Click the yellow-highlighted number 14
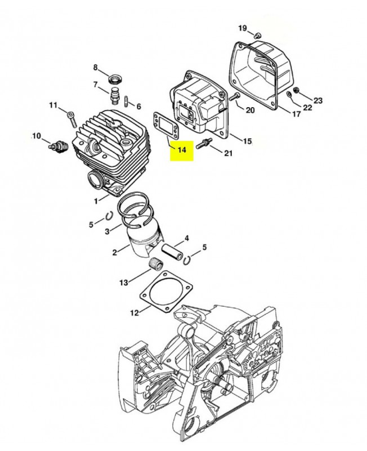(182, 150)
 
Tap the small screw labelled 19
(258, 36)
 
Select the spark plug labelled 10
(58, 145)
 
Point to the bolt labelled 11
(72, 120)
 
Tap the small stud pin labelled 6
(127, 101)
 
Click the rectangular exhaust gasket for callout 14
(165, 124)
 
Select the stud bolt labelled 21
(204, 143)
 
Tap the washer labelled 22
(289, 94)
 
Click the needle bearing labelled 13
(156, 263)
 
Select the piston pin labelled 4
(172, 252)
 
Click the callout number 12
(135, 313)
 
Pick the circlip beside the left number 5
(109, 216)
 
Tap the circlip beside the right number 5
(187, 259)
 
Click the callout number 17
(296, 114)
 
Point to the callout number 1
(96, 201)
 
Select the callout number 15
(247, 142)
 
